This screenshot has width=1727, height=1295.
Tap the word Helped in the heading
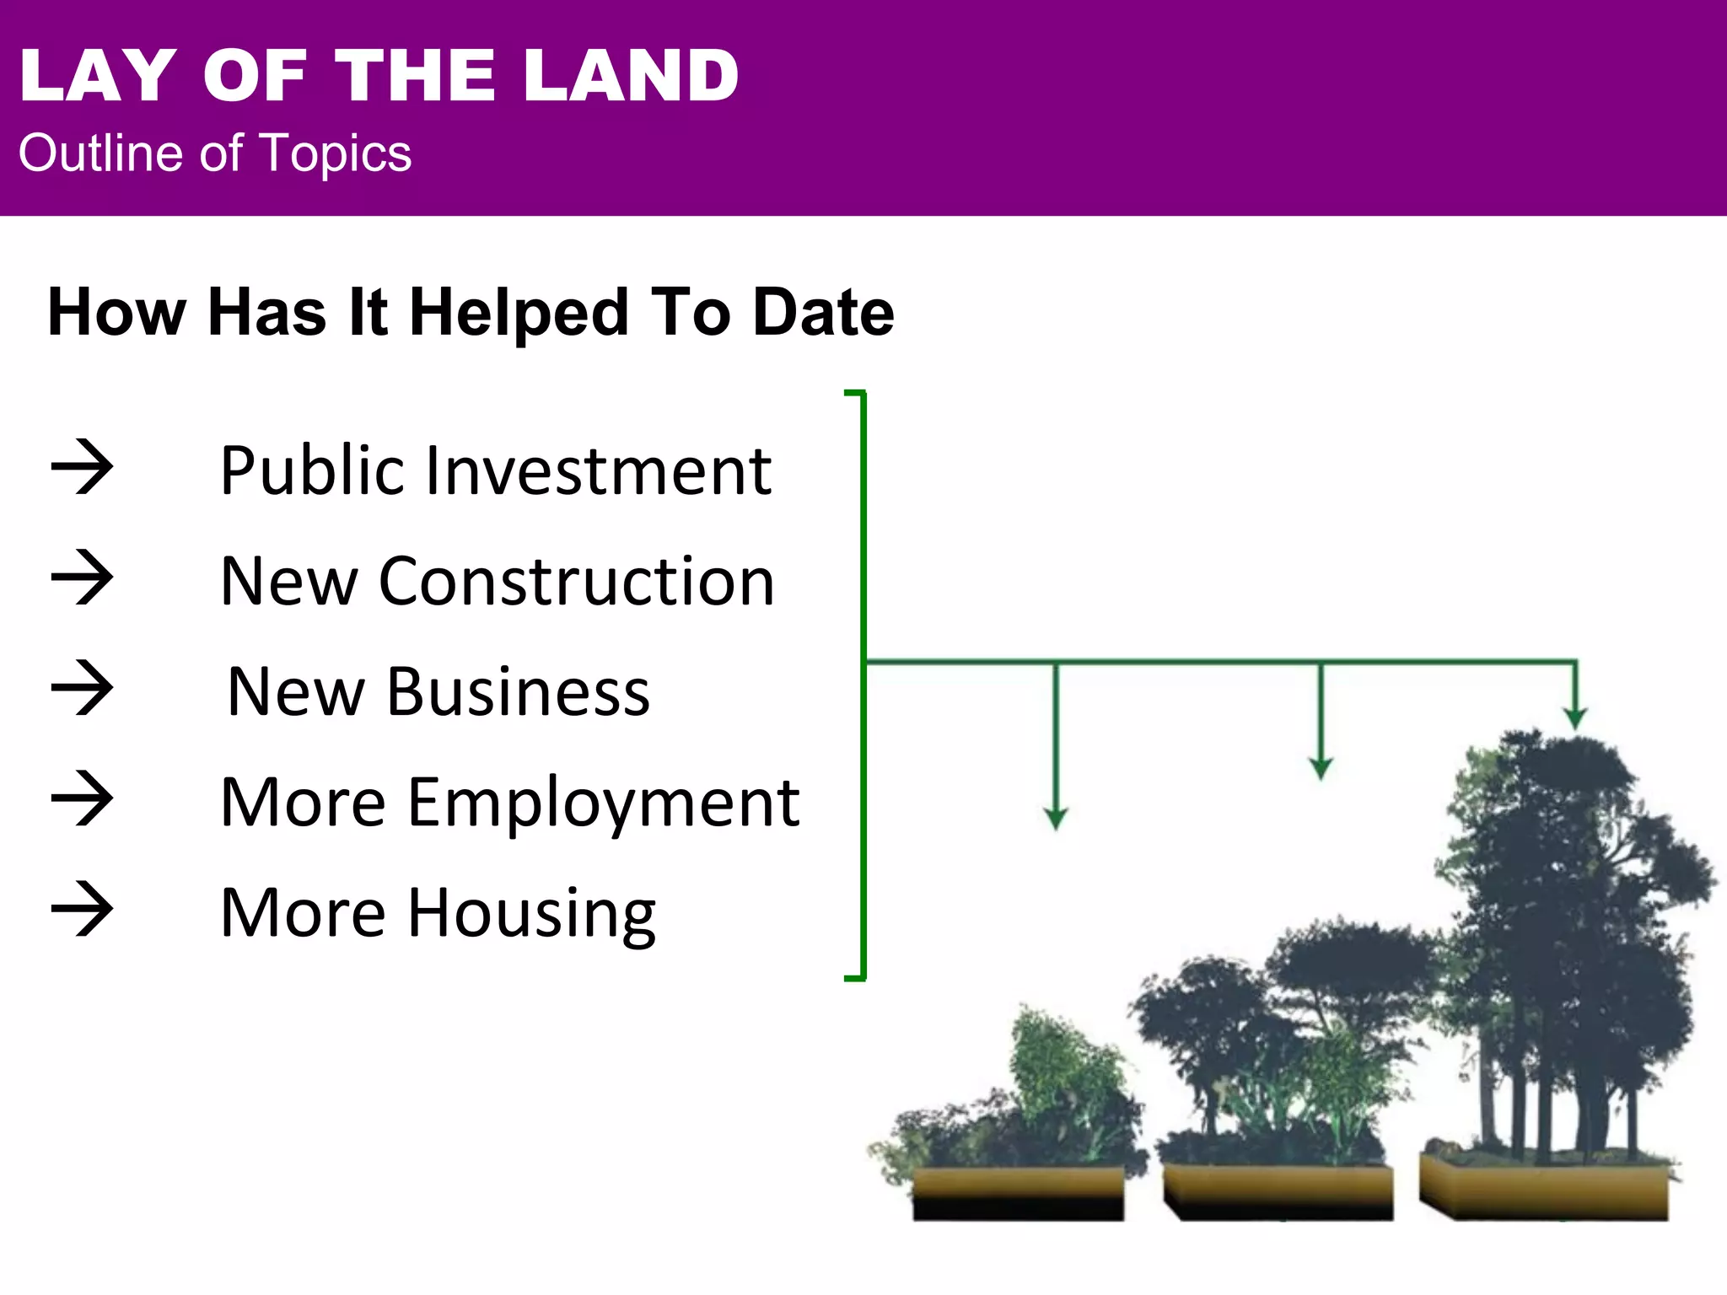(518, 313)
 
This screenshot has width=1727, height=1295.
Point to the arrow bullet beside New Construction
(82, 578)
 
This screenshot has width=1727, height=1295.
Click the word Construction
(577, 582)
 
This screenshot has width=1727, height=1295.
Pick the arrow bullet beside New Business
(82, 688)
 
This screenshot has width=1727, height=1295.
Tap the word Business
(518, 692)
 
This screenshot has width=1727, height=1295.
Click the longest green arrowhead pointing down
(1056, 817)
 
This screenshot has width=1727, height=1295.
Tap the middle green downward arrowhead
(1321, 766)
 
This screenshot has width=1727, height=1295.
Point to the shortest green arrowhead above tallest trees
(1575, 717)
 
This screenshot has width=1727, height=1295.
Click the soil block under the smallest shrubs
(1018, 1193)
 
